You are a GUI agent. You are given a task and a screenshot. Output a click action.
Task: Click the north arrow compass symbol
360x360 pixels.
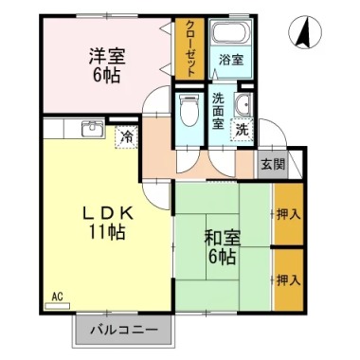click(x=305, y=32)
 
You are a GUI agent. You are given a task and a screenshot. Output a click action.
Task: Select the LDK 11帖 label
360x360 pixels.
click(x=107, y=224)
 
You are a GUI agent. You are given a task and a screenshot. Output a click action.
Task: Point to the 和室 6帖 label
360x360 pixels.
click(x=223, y=247)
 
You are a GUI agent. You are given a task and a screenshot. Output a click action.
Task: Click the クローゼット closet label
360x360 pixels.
click(x=190, y=49)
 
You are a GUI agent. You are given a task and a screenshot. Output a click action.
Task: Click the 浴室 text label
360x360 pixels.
click(x=232, y=60)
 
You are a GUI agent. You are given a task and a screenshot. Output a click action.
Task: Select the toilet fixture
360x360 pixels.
click(x=189, y=110)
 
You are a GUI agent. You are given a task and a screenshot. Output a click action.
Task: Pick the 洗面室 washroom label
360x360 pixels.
click(x=218, y=111)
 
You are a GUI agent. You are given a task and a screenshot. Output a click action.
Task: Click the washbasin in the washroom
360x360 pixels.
click(x=243, y=104)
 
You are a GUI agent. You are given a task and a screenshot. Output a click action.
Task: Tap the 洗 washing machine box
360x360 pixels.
click(x=243, y=130)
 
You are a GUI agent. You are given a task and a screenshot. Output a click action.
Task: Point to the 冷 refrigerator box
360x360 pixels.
click(x=127, y=137)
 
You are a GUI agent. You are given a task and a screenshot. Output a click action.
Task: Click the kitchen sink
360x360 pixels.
click(x=93, y=128)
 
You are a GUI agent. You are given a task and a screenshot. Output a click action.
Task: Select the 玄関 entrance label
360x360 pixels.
click(x=273, y=164)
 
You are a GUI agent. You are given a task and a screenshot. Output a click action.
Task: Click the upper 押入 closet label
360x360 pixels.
click(x=288, y=215)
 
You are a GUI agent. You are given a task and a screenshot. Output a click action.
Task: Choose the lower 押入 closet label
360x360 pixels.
click(x=288, y=280)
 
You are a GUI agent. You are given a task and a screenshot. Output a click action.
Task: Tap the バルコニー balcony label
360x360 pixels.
click(x=124, y=331)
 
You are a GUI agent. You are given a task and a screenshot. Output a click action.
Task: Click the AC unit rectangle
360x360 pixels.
click(x=57, y=306)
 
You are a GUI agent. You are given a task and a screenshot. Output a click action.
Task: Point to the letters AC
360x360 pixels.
click(x=57, y=297)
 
